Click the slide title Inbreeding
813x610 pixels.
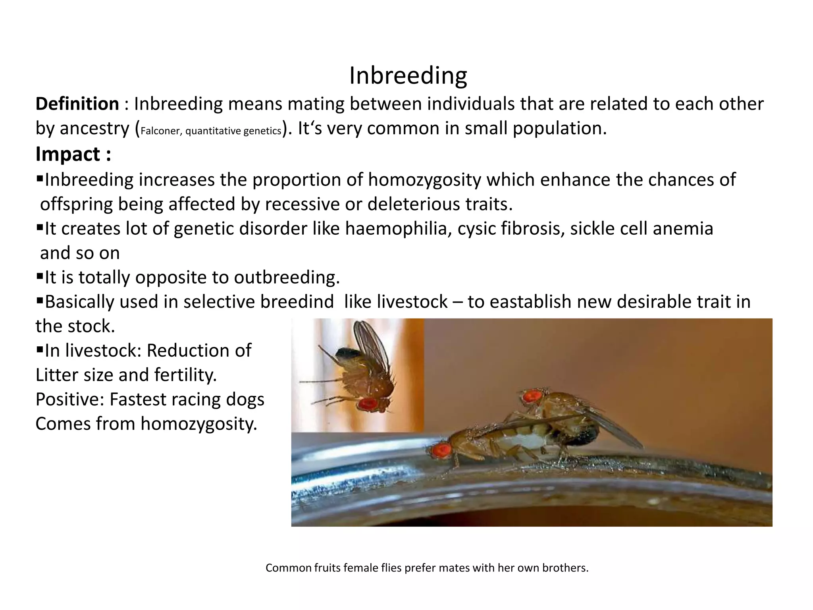click(408, 75)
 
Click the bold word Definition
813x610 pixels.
click(77, 104)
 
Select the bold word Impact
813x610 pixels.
click(68, 154)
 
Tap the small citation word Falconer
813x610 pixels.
click(160, 131)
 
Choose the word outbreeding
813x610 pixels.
click(286, 277)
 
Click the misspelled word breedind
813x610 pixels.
click(297, 302)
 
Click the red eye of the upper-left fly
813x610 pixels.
click(368, 404)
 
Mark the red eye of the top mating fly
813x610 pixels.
click(532, 396)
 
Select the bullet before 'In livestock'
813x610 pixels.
click(40, 349)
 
